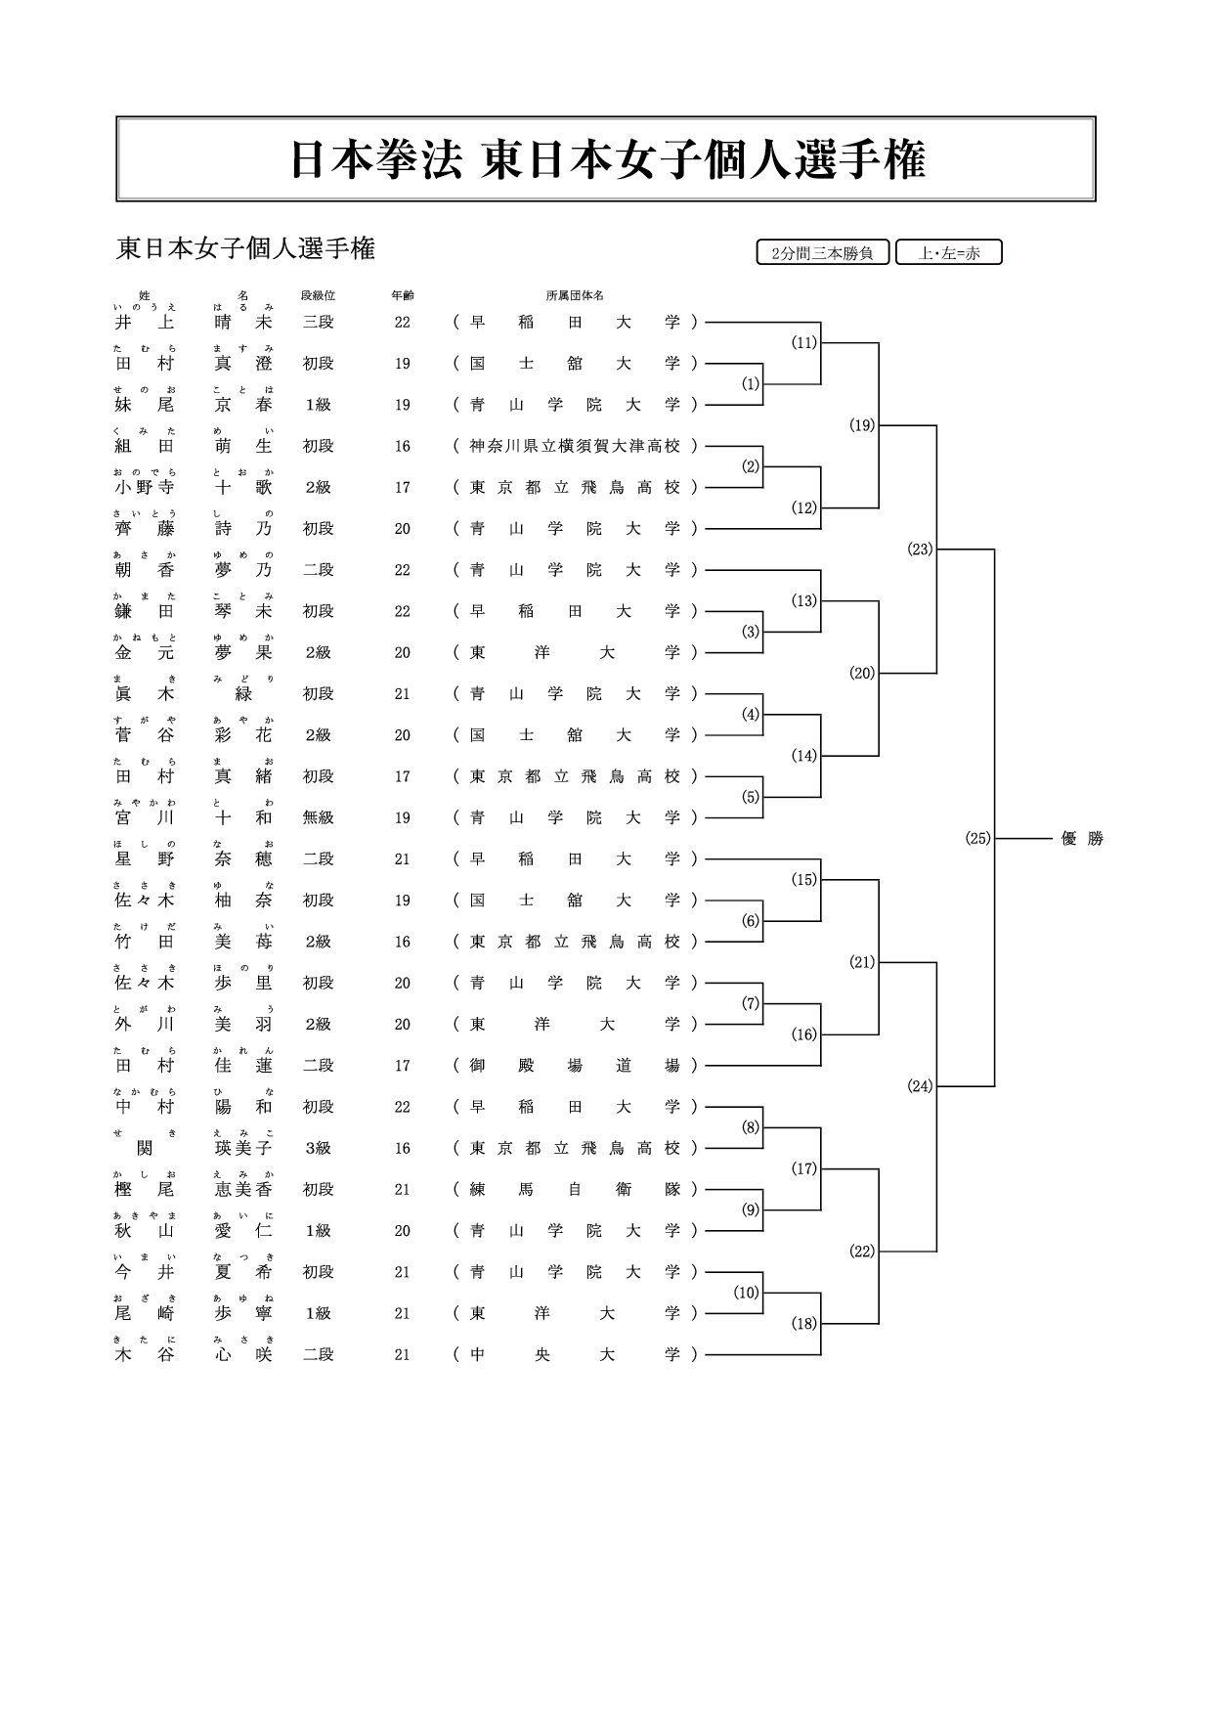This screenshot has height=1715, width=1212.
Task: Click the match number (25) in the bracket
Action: [x=977, y=838]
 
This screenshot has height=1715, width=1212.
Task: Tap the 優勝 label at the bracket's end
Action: [x=1082, y=838]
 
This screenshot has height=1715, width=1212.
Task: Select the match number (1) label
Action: [x=750, y=384]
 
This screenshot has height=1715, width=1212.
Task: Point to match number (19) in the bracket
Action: [x=861, y=425]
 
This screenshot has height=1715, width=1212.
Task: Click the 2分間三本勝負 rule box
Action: [x=822, y=253]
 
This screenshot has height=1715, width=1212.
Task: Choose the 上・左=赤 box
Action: [x=948, y=253]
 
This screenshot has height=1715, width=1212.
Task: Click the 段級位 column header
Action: [x=318, y=295]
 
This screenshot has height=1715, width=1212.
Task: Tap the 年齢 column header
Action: [x=402, y=295]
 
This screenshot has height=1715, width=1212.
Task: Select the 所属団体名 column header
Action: [x=575, y=295]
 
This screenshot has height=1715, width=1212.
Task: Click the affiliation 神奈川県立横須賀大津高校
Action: [x=575, y=446]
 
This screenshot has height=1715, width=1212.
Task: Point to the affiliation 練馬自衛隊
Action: [x=575, y=1190]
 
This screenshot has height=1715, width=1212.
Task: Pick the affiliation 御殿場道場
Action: [x=575, y=1066]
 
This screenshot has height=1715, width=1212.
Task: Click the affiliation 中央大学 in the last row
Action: [x=575, y=1355]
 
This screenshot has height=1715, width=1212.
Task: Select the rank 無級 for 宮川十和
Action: [x=318, y=817]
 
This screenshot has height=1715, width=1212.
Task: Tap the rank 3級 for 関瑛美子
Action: [x=318, y=1149]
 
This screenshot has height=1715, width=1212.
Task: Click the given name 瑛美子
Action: [x=243, y=1149]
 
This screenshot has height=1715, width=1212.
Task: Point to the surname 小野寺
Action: [x=145, y=487]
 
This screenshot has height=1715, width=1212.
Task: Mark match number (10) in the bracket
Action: [x=746, y=1293]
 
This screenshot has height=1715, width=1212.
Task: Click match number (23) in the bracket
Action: [x=920, y=550]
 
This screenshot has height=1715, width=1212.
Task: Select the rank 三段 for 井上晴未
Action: [x=318, y=322]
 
